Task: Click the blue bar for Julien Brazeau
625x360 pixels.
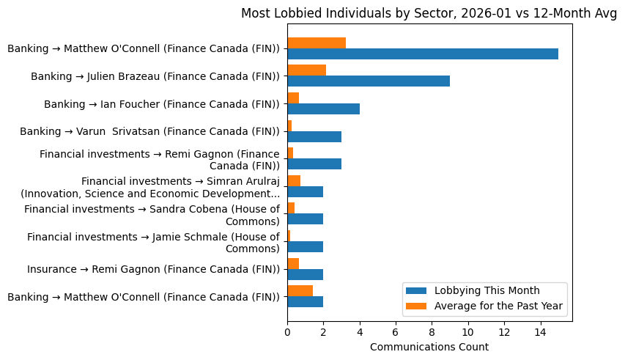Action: click(x=369, y=81)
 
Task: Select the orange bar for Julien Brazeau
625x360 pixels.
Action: click(x=306, y=70)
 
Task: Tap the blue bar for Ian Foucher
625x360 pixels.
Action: click(x=323, y=109)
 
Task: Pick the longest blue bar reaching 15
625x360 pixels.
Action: click(x=423, y=54)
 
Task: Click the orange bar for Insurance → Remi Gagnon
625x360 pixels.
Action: click(x=293, y=263)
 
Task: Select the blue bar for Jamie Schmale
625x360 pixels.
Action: click(x=305, y=247)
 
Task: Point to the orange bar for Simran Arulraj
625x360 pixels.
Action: click(x=294, y=180)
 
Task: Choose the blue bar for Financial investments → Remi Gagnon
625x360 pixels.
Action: click(x=314, y=164)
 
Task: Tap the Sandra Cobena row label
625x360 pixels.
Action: click(x=152, y=215)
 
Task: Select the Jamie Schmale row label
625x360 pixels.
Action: click(x=153, y=243)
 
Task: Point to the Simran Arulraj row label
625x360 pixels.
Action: click(x=150, y=187)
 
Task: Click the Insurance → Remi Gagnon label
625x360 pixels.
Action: click(x=153, y=269)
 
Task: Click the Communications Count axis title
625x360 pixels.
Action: click(x=429, y=347)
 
